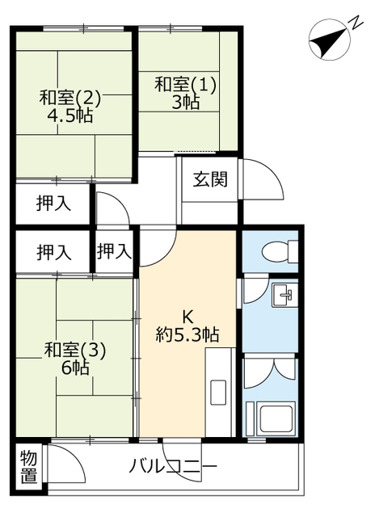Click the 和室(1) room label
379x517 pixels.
185,84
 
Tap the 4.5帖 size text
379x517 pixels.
69,116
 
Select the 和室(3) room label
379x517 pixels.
75,351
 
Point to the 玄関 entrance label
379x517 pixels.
210,179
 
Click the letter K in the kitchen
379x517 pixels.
187,317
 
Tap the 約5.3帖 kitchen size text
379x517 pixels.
187,335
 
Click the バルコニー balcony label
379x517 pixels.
172,467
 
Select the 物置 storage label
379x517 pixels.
29,467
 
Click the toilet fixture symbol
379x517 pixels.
280,252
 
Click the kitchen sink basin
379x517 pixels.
218,393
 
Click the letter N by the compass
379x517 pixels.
356,23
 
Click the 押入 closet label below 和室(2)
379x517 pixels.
53,204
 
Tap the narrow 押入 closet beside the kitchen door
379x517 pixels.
114,250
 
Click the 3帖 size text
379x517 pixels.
186,103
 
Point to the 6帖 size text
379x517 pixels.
75,368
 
